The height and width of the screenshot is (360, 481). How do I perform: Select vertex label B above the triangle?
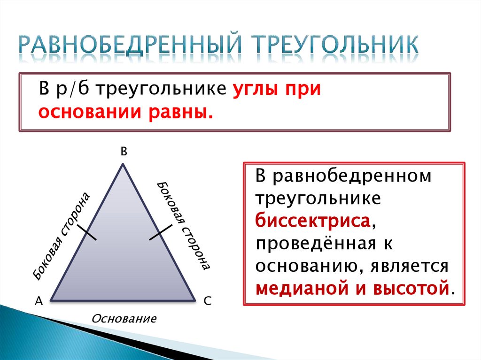click(x=124, y=151)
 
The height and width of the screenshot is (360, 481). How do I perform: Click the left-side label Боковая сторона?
click(x=61, y=236)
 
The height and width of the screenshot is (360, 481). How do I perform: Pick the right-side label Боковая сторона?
click(x=184, y=225)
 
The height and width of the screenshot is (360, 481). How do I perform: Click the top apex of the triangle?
click(x=123, y=164)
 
